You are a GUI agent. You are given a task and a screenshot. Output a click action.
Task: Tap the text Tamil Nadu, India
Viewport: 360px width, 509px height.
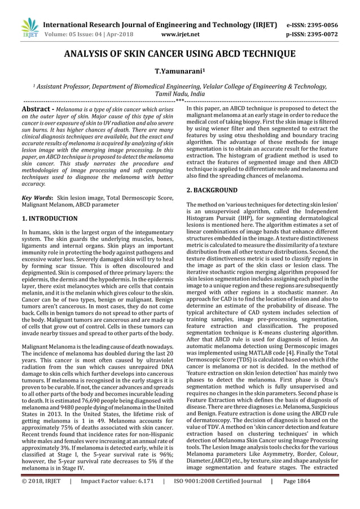(180, 94)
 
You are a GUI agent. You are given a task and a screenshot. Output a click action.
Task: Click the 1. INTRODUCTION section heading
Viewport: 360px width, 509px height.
(49, 218)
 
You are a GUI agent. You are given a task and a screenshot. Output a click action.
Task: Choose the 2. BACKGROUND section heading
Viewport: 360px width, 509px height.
(212, 190)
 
